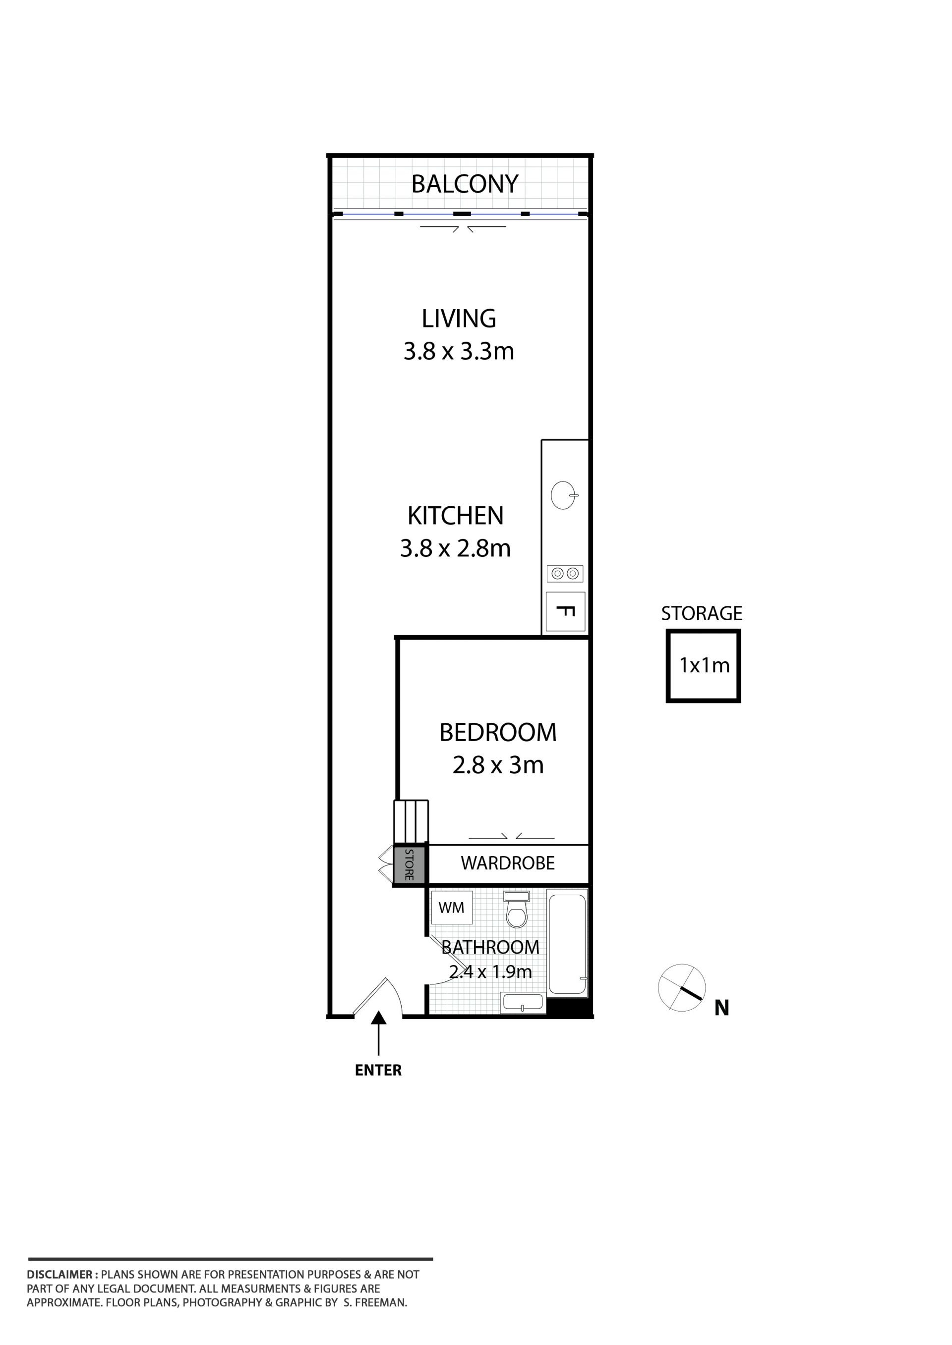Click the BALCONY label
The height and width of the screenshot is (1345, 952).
point(465,184)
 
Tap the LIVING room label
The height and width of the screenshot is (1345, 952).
point(459,319)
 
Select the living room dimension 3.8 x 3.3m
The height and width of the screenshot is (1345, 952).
point(459,351)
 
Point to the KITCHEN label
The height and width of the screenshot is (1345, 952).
point(456,516)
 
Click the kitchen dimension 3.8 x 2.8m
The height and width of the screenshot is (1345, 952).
point(456,549)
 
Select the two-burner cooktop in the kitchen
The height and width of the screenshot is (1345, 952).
point(565,574)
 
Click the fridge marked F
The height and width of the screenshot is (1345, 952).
point(565,612)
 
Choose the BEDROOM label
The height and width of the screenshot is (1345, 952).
point(498,733)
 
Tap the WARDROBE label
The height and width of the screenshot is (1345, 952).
point(508,863)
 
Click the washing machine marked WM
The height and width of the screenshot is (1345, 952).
point(451,908)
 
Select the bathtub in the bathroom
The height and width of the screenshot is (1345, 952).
point(567,943)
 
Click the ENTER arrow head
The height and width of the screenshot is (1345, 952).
point(379,1018)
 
